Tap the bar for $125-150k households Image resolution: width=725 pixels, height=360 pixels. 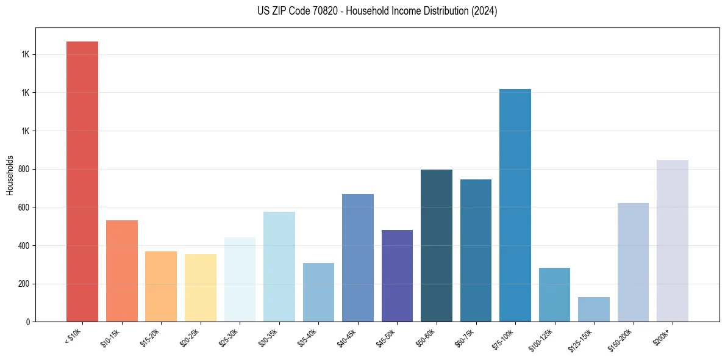[x=554, y=309]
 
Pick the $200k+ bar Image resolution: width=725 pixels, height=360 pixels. [x=673, y=240]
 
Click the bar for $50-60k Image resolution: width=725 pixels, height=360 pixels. [x=437, y=245]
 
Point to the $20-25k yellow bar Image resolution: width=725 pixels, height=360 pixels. [x=201, y=287]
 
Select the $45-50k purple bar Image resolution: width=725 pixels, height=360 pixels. [x=397, y=276]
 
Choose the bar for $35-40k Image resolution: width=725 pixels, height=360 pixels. [x=318, y=292]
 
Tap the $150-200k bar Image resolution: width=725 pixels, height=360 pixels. [x=633, y=262]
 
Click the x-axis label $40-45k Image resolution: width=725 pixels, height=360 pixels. [x=347, y=339]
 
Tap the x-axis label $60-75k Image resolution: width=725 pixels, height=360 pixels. [x=465, y=339]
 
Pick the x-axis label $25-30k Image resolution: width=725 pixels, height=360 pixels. [x=229, y=339]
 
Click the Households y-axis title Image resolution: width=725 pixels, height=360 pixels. [x=10, y=175]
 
